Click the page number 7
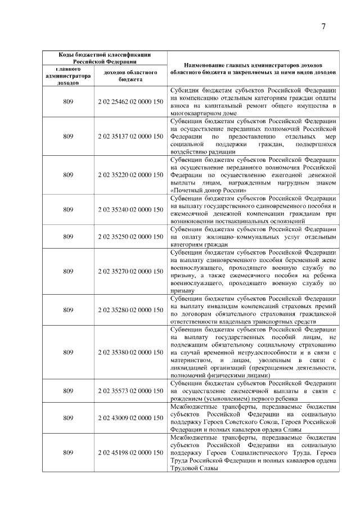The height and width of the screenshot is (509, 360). click(x=323, y=28)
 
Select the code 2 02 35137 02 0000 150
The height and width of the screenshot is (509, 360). click(x=130, y=136)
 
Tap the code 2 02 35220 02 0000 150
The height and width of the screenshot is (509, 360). click(x=130, y=175)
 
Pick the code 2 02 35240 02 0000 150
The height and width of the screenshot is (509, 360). click(x=130, y=210)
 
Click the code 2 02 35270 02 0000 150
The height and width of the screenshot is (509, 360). click(x=130, y=272)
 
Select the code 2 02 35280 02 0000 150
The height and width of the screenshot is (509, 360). click(x=130, y=310)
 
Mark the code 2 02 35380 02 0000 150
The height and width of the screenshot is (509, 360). click(x=130, y=352)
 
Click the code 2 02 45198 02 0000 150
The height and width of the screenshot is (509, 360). click(x=130, y=453)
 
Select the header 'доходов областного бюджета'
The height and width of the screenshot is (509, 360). click(x=130, y=76)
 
